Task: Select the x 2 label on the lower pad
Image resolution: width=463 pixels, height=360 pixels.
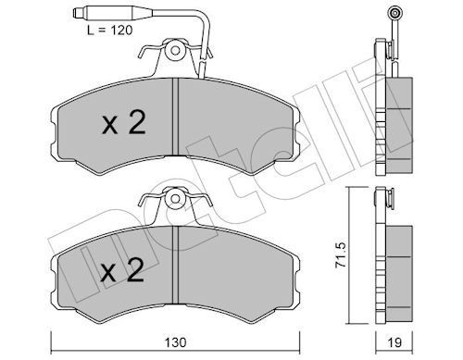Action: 122,272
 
